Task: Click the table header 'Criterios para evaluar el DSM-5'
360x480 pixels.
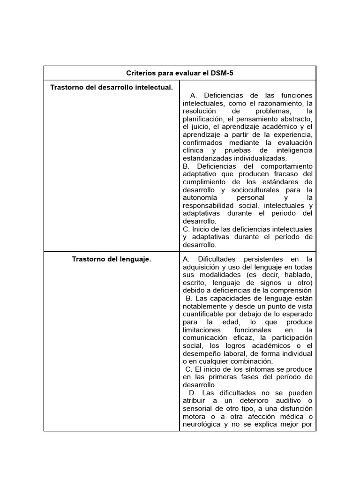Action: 180,73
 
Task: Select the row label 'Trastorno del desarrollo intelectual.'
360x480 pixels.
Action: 112,87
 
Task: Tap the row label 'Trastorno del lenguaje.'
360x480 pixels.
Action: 112,259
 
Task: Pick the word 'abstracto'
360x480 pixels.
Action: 295,119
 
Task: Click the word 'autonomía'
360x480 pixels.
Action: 199,198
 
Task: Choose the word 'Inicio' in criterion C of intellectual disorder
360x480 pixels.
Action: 202,229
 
